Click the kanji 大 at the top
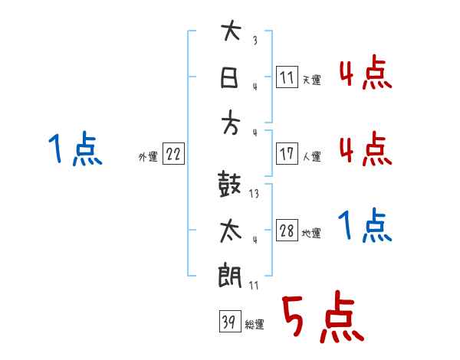point(231,32)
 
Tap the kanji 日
point(231,77)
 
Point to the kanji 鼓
point(231,185)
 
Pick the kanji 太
point(231,231)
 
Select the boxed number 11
point(287,77)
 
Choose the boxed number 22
point(173,154)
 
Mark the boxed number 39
point(228,322)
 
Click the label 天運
point(312,80)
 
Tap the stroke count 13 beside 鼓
point(254,195)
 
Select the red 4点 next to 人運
point(365,148)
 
